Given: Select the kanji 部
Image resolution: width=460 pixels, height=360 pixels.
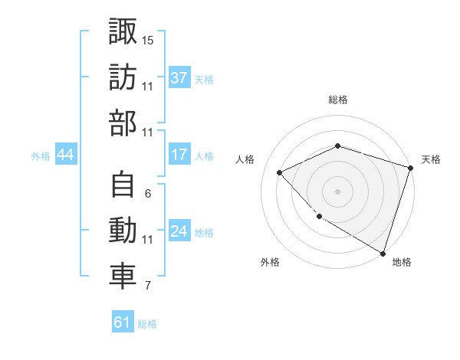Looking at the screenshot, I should (123, 123).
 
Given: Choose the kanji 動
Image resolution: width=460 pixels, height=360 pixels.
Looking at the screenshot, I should (123, 231).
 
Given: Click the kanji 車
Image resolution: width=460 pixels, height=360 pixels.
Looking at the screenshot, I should (123, 277).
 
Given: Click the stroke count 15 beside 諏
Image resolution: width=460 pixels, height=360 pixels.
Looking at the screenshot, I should (148, 40).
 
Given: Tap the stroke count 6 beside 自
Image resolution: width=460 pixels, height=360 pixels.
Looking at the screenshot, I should (147, 194).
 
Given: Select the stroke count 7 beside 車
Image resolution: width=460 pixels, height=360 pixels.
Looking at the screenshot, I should (147, 286).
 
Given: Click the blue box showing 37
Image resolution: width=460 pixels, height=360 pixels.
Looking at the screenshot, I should (179, 78).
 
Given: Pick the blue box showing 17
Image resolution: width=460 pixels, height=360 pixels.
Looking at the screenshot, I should (179, 155).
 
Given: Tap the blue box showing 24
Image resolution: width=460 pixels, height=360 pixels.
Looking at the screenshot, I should (179, 231).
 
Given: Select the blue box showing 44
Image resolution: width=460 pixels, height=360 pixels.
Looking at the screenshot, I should (65, 155).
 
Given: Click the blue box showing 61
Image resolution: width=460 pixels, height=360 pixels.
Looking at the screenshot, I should (122, 322).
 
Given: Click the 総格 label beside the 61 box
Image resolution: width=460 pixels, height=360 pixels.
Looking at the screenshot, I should (147, 324).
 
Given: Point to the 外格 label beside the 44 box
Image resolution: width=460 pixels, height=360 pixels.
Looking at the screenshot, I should (41, 156).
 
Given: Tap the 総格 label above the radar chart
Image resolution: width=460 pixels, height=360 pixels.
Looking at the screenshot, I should (337, 100).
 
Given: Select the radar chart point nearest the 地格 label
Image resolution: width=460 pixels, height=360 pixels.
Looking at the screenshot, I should (383, 252).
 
